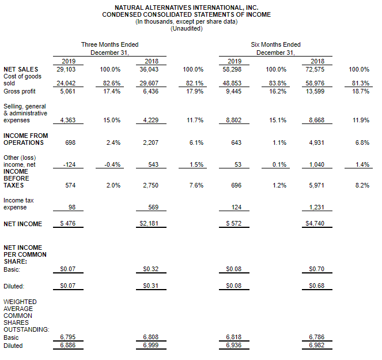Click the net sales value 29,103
(66, 69)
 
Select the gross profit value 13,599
(315, 92)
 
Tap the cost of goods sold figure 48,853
(232, 84)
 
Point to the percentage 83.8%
(278, 84)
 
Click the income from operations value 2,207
(150, 142)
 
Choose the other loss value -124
(70, 164)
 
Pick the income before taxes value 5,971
(316, 185)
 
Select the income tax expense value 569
(153, 207)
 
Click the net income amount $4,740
(315, 223)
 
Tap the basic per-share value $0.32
(151, 269)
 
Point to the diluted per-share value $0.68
(317, 286)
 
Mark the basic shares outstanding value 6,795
(68, 337)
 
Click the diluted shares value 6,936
(233, 346)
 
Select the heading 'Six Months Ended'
(275, 44)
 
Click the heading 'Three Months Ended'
(110, 44)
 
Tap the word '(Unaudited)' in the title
(187, 28)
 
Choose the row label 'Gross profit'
(20, 92)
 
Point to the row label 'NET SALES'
(21, 69)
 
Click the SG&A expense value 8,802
(233, 120)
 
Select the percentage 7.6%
(196, 185)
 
